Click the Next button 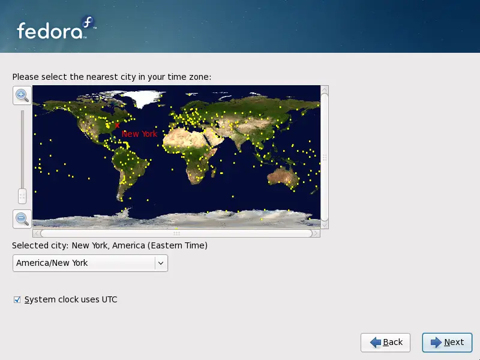pos(447,342)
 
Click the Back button pos(385,342)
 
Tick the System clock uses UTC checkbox pos(17,299)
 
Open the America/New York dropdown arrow pos(160,263)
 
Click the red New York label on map pos(140,134)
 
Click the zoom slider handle pos(22,196)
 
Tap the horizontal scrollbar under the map pos(176,233)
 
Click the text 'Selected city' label pos(40,245)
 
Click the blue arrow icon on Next pos(436,342)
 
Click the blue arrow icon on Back pos(376,342)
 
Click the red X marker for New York pos(118,125)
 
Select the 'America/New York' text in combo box pos(52,263)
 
